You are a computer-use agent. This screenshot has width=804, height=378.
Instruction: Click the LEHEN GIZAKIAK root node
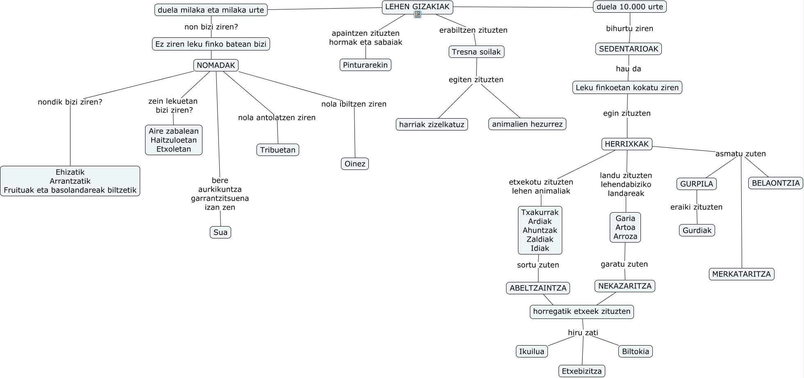(x=417, y=7)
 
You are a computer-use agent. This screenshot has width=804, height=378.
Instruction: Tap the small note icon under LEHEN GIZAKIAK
(x=418, y=15)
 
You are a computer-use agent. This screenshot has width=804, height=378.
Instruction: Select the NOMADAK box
(x=216, y=65)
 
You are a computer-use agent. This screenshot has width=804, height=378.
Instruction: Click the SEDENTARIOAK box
(x=628, y=49)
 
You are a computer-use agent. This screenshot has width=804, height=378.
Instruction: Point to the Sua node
(x=220, y=232)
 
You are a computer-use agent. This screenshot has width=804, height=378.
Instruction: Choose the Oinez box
(x=355, y=164)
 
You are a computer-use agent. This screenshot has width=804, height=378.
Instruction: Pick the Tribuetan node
(x=278, y=150)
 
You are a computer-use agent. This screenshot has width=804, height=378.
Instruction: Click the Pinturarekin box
(x=365, y=65)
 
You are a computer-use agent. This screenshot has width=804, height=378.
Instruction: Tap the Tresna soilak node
(x=476, y=52)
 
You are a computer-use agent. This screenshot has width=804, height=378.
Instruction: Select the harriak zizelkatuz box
(x=432, y=124)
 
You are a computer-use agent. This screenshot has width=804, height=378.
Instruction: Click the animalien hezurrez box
(x=527, y=124)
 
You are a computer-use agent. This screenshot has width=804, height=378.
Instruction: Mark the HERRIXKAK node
(x=627, y=144)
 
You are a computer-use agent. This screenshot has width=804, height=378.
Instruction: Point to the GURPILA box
(x=696, y=184)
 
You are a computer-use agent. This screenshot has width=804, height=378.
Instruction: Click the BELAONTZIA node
(x=776, y=183)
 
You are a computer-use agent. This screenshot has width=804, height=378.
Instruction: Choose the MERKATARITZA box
(x=741, y=274)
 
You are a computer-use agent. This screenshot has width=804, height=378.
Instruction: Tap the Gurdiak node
(x=697, y=230)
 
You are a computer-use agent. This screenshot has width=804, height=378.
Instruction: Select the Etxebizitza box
(x=581, y=371)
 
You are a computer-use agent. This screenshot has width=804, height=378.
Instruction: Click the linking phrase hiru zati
(x=583, y=332)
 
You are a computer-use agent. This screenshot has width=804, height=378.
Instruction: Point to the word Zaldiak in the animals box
(x=540, y=239)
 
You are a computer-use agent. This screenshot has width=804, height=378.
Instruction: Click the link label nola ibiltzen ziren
(x=354, y=104)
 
